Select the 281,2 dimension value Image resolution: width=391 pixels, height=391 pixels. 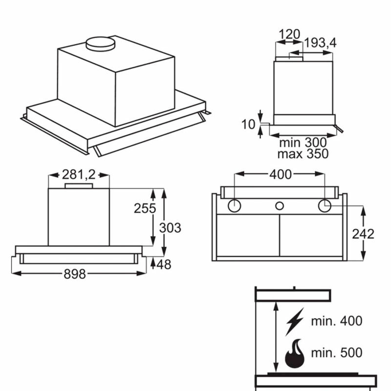(78, 174)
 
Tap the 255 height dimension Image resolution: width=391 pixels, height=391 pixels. (145, 208)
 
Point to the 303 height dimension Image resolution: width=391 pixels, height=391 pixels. (170, 228)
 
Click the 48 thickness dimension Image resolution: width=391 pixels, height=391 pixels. (165, 264)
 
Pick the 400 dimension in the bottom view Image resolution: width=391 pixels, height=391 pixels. (280, 174)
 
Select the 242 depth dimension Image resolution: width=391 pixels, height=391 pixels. (363, 234)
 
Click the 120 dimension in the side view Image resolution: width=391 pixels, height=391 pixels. (289, 34)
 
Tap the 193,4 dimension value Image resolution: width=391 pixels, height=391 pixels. (320, 43)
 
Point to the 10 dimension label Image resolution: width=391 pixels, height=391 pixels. (249, 124)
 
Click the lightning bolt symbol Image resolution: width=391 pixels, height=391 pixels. (294, 321)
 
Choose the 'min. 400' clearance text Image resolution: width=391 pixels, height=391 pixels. (337, 321)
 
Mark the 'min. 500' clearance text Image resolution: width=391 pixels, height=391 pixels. (337, 352)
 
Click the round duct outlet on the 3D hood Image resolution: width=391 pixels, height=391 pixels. (100, 43)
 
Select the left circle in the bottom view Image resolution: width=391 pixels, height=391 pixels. (235, 206)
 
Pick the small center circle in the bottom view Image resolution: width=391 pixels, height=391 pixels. (280, 206)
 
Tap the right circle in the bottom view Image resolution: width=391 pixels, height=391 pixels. (325, 206)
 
